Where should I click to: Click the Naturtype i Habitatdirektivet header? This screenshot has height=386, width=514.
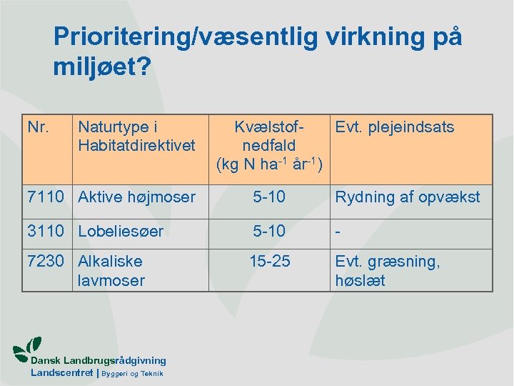click(136, 137)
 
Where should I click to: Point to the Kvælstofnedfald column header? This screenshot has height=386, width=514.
click(270, 146)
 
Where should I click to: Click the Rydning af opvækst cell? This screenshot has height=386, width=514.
click(408, 197)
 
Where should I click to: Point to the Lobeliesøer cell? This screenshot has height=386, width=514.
click(121, 232)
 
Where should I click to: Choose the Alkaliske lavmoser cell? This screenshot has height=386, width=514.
click(111, 271)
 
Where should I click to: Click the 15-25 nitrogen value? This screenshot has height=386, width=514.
click(269, 262)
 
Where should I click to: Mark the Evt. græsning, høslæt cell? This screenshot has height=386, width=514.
click(388, 271)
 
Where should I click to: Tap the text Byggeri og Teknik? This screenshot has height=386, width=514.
click(133, 374)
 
